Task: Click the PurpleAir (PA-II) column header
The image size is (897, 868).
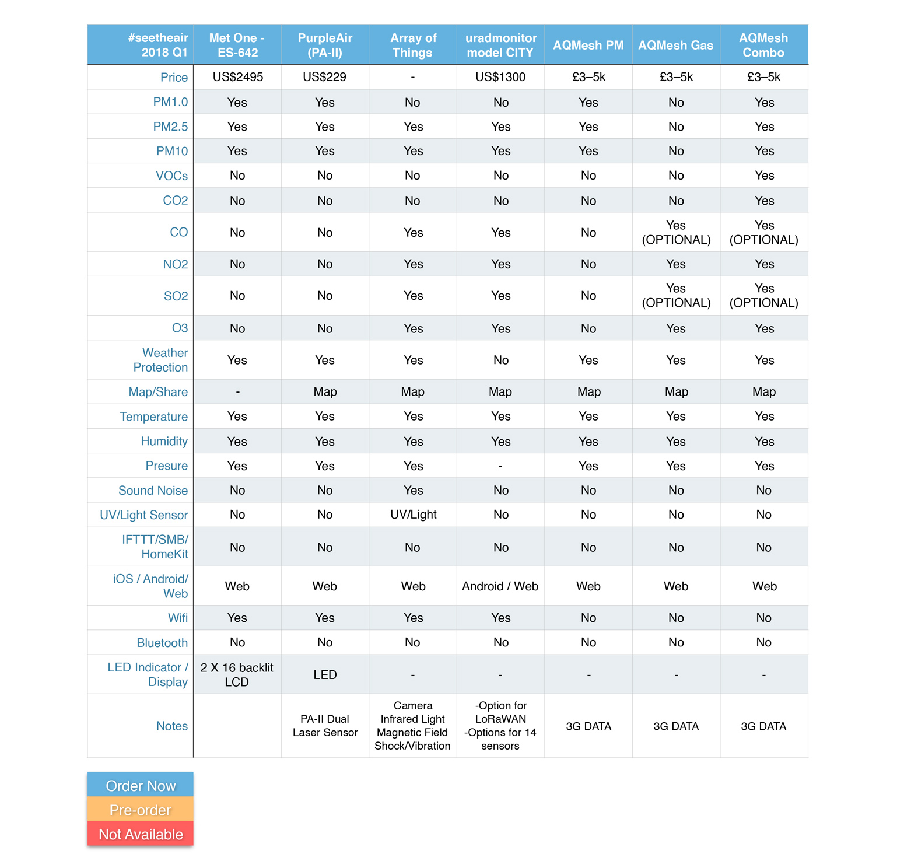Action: click(325, 45)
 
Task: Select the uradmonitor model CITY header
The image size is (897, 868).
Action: click(500, 45)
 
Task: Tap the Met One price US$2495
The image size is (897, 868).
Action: click(237, 77)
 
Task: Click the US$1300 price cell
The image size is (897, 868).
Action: click(500, 77)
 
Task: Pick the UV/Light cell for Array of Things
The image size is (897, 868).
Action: click(413, 514)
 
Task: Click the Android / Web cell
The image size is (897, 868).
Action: click(500, 586)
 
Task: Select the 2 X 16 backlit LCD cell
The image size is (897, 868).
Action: click(237, 674)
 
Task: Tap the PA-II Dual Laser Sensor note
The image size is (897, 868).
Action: click(325, 726)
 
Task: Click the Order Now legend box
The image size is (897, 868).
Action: click(141, 785)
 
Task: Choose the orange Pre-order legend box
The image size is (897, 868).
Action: click(141, 810)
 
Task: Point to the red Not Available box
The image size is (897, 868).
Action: click(141, 834)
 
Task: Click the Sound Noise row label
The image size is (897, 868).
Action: click(153, 491)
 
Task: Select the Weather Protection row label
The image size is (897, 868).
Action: click(160, 360)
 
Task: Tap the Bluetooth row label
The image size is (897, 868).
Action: click(162, 643)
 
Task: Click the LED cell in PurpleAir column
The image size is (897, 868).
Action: click(325, 675)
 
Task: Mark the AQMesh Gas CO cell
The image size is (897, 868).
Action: click(676, 232)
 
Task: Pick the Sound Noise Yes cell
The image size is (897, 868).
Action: click(413, 490)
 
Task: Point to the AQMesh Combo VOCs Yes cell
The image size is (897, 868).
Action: click(764, 176)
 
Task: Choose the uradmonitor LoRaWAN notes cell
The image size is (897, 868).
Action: click(500, 726)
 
